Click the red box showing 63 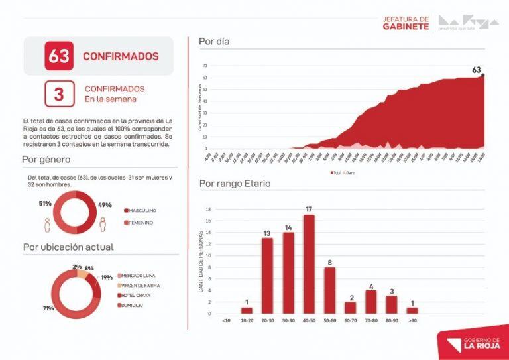tap(59, 56)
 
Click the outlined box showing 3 tap(59, 93)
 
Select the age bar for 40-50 tap(309, 264)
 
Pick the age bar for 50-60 tap(329, 290)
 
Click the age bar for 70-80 tap(371, 301)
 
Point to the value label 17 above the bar tap(309, 210)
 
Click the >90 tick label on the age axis tap(412, 320)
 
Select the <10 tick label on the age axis tap(226, 320)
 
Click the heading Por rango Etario tap(235, 183)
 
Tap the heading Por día tap(214, 41)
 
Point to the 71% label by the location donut tap(48, 308)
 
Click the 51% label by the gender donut tap(44, 204)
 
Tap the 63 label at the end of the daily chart tap(476, 70)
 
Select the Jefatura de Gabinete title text tap(406, 23)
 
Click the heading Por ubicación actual tap(68, 247)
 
